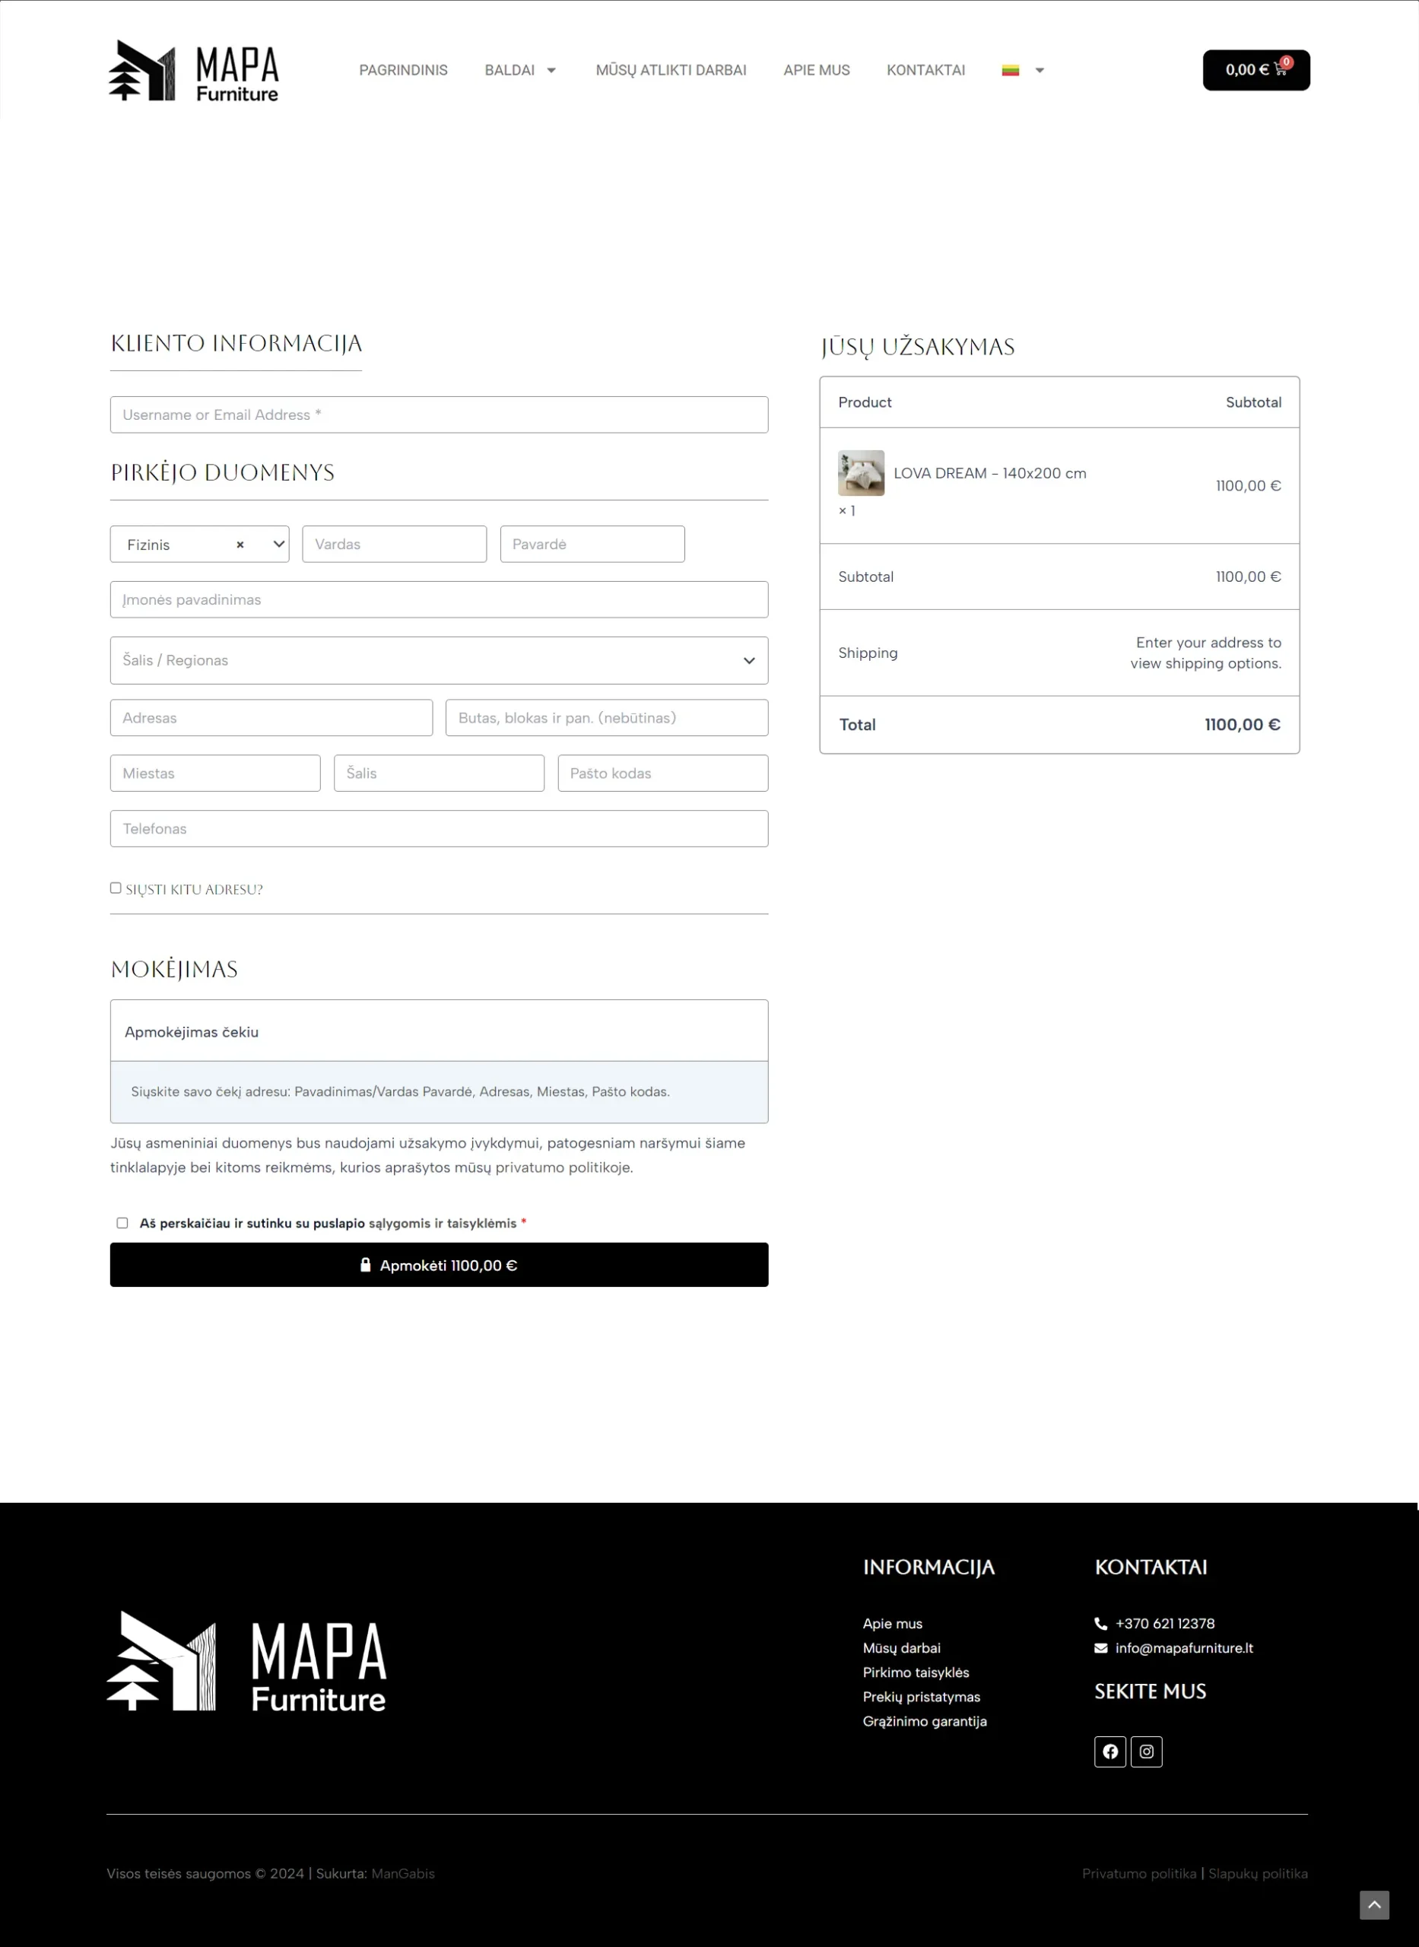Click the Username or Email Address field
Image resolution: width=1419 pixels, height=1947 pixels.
pos(439,414)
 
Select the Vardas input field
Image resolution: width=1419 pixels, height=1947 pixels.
pos(394,545)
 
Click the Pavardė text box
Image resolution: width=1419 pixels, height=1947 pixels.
pos(592,545)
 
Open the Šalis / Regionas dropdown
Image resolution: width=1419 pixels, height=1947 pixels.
pos(439,660)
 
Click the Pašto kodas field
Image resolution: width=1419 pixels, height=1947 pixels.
pos(662,773)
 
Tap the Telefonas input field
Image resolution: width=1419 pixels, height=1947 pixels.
pos(439,829)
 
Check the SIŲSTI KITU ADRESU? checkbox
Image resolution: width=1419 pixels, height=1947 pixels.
pos(116,888)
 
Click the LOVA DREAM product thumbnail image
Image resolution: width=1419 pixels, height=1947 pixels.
pos(861,473)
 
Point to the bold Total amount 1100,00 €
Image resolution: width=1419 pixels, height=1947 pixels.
pos(1241,725)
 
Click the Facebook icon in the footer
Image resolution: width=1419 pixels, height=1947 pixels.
pos(1109,1752)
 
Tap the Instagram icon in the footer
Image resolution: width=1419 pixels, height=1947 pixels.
pos(1146,1752)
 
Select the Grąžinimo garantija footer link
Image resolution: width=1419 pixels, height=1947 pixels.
pos(924,1721)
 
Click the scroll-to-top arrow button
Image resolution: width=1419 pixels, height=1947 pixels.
pos(1373,1904)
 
